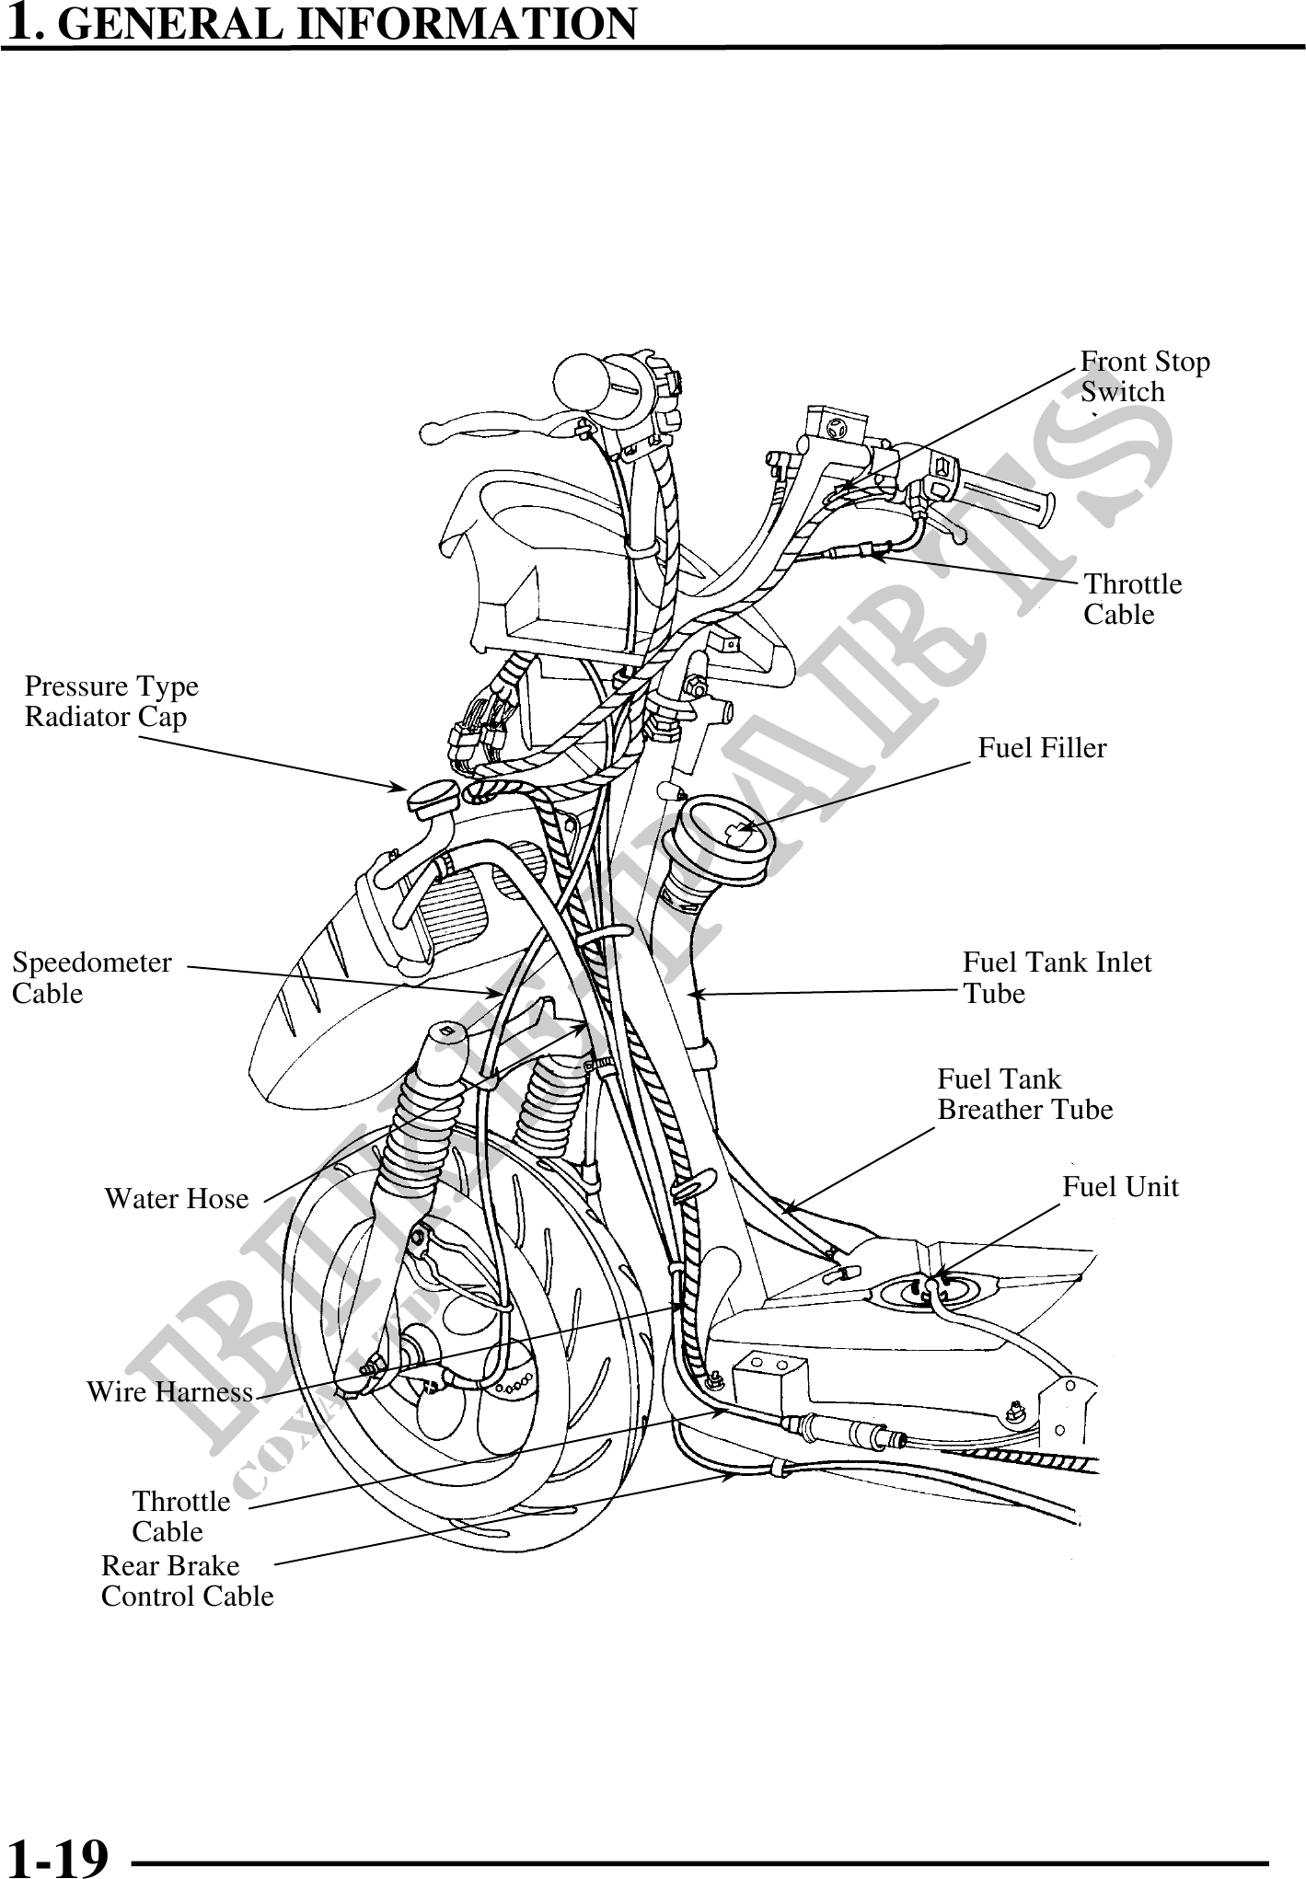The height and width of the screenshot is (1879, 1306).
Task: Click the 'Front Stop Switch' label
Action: (1144, 376)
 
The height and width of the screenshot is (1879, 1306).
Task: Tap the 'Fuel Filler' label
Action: (1042, 748)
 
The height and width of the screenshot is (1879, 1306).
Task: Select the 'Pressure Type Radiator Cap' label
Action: (111, 701)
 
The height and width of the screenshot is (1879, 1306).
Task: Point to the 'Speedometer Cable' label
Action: (91, 978)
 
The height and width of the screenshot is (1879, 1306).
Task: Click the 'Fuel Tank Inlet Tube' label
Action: (1057, 978)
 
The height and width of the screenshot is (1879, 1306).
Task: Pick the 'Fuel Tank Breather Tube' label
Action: (1024, 1094)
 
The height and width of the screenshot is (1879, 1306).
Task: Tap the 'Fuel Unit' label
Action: (1120, 1187)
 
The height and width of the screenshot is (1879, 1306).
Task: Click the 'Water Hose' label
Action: (176, 1199)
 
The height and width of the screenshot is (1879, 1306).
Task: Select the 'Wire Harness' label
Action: (169, 1392)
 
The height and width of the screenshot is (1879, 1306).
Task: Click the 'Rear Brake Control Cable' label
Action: (187, 1581)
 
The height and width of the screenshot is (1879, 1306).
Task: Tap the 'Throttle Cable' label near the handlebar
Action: (1132, 599)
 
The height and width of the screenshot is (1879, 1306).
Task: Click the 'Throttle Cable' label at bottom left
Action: (180, 1516)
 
